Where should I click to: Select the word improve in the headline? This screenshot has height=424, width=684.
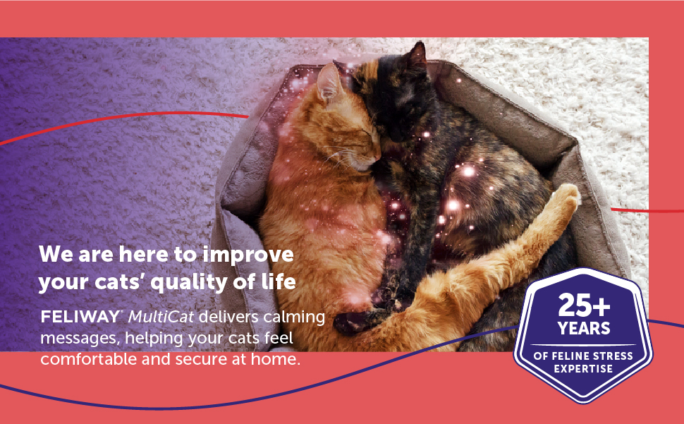click(248, 255)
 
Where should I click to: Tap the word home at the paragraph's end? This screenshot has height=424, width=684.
click(281, 359)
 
